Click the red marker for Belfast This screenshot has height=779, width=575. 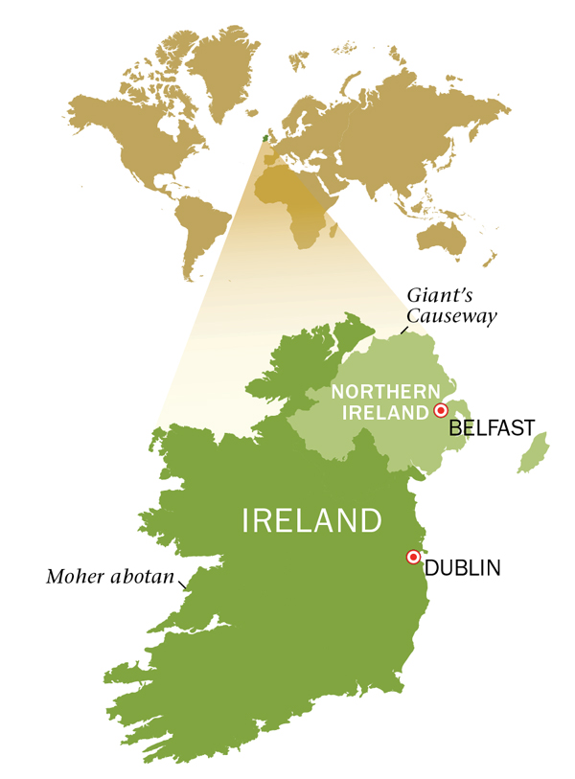(441, 410)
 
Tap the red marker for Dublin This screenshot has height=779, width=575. (413, 557)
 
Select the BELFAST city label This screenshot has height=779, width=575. (492, 427)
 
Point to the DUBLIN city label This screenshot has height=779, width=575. (463, 568)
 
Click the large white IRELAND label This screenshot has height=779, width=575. (312, 521)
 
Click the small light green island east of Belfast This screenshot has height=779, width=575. (533, 453)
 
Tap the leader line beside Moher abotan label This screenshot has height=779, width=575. (188, 577)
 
